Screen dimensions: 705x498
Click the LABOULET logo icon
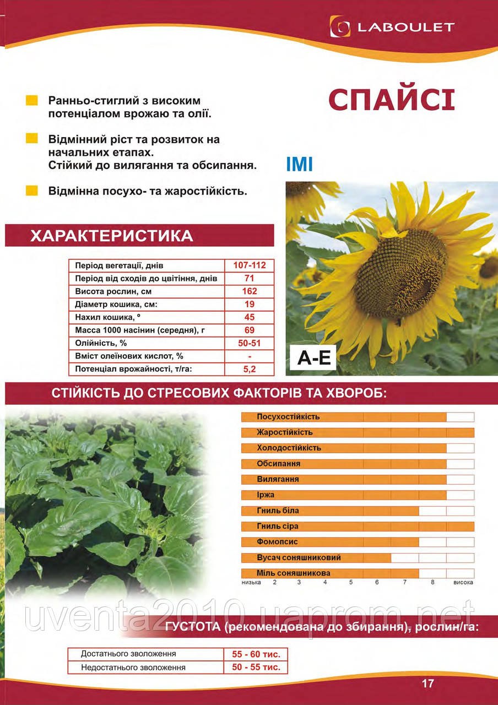pos(340,26)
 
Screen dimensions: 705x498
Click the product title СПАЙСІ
pos(391,100)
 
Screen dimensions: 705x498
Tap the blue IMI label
pos(300,164)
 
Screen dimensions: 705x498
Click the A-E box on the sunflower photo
pos(314,359)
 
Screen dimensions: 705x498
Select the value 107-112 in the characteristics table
pos(250,265)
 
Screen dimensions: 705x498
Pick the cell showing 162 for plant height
pos(250,291)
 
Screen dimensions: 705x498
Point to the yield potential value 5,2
pos(250,369)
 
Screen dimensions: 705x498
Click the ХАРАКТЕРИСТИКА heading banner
pos(139,236)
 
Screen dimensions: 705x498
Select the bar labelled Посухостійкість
pos(344,417)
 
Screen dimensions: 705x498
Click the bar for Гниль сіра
pos(358,526)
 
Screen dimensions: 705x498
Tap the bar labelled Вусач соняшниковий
pos(316,557)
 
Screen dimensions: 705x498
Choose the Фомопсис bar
pos(330,542)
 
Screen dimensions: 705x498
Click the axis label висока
pos(463,582)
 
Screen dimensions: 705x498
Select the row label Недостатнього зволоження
pos(133,667)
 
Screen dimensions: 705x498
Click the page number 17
pos(428,684)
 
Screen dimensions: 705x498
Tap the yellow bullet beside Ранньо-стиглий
pos(32,100)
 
